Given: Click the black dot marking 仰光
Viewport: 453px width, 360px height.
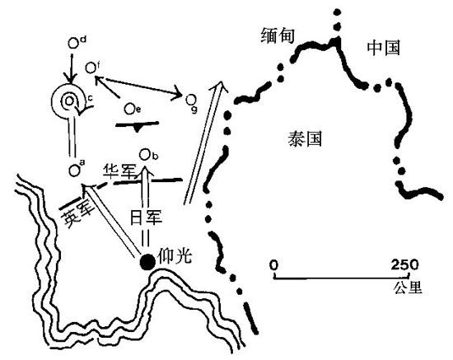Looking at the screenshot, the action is (147, 262).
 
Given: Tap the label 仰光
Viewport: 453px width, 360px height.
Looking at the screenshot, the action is (175, 255).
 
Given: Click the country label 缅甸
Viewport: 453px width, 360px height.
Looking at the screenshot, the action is (278, 35).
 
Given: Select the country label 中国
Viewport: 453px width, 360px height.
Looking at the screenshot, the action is (384, 48).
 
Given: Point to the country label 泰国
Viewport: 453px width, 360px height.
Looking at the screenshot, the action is (305, 138).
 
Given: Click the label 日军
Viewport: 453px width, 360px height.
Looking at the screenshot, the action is (146, 217).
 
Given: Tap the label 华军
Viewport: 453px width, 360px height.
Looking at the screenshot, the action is (120, 171).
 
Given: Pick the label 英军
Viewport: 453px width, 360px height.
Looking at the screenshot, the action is (77, 213).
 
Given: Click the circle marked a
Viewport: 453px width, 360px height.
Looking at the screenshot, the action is (74, 171).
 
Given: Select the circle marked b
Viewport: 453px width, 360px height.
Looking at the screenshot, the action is (145, 155).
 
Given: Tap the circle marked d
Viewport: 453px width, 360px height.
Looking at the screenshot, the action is (73, 44).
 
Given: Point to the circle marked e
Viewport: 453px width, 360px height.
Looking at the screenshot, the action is (129, 109).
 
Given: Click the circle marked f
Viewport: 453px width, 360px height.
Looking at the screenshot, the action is (91, 68).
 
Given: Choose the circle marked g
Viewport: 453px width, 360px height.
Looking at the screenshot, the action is (191, 100).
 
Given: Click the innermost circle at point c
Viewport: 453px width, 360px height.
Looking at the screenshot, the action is (69, 101).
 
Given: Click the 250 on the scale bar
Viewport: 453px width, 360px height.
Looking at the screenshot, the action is (404, 264).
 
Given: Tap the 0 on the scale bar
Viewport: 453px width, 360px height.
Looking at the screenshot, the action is (274, 264).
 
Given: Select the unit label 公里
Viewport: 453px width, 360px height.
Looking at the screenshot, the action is (408, 288).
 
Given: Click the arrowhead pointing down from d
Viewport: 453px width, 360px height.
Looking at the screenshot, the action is (71, 78).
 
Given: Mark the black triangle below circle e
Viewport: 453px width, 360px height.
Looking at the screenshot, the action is (138, 128).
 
